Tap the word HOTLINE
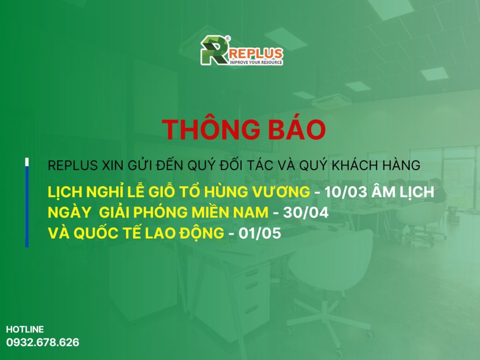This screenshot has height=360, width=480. click(x=25, y=330)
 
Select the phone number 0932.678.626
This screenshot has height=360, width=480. click(x=43, y=342)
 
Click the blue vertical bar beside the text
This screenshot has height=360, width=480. click(x=27, y=206)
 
